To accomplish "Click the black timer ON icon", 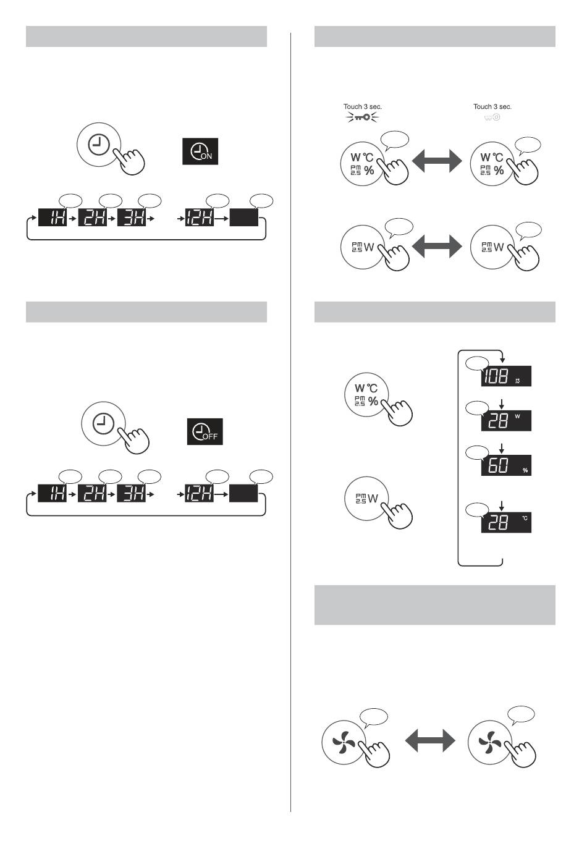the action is coord(200,151).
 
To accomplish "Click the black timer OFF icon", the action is coord(205,431).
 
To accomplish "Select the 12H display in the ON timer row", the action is coord(200,218).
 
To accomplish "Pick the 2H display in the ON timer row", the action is coord(92,218).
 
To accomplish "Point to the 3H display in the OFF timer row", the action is coord(132,493).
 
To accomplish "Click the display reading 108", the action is coord(506,376).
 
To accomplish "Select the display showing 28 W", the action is coord(506,421).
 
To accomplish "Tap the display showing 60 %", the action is coord(506,465).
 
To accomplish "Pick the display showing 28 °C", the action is coord(506,522).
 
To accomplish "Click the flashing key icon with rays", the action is coord(362,117).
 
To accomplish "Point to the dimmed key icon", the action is coord(492,117).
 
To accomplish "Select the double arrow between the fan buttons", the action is coord(430,740).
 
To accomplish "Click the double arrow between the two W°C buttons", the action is coord(437,163).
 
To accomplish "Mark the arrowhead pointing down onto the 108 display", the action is coord(502,360).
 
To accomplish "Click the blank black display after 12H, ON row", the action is coord(244,218).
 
